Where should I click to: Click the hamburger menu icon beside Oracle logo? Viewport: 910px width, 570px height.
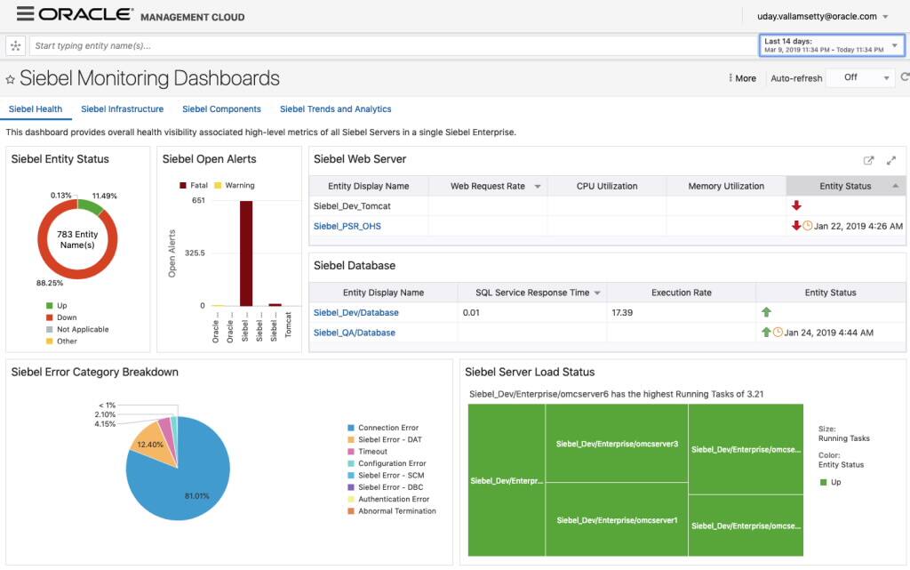click(x=25, y=15)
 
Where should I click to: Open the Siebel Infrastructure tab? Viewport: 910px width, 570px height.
click(x=122, y=109)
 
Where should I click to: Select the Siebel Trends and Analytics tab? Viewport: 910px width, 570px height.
click(x=335, y=109)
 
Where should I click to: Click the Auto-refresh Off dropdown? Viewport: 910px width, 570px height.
click(x=859, y=78)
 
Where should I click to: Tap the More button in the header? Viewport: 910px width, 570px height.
click(x=742, y=78)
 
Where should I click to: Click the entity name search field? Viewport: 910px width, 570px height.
click(x=391, y=45)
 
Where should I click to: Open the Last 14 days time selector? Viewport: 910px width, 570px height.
click(x=832, y=45)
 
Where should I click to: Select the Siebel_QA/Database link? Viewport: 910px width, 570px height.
click(x=354, y=333)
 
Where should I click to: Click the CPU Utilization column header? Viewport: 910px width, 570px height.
click(x=607, y=186)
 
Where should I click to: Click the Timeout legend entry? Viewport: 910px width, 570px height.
click(x=373, y=452)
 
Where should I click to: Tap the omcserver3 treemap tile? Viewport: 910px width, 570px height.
click(x=617, y=443)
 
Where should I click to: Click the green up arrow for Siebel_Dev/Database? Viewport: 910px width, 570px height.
click(x=766, y=313)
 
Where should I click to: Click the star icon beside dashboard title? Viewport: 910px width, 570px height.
click(x=11, y=79)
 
